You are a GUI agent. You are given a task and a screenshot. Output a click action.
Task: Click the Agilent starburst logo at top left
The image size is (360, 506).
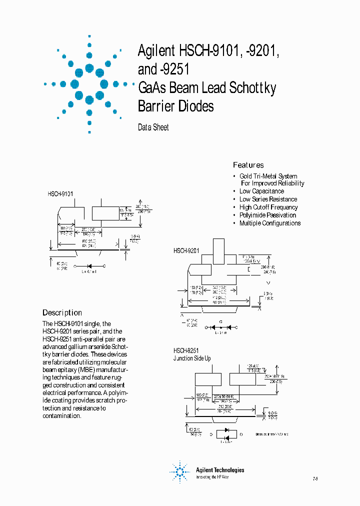click(89, 84)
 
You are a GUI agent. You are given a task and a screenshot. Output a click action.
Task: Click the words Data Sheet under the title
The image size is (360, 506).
click(153, 127)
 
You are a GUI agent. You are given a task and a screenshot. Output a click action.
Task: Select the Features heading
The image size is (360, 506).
click(248, 165)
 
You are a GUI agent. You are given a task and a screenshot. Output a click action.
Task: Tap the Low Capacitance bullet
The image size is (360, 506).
click(261, 191)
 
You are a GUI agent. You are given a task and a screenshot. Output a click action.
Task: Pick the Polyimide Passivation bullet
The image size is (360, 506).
click(267, 215)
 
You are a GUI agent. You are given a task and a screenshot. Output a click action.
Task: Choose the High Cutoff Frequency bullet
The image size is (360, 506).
click(268, 207)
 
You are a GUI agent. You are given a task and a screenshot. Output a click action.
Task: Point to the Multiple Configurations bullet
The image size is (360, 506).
click(269, 223)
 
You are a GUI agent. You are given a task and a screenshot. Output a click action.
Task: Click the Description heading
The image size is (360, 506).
click(62, 312)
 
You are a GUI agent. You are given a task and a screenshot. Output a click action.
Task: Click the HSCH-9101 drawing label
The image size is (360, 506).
click(60, 193)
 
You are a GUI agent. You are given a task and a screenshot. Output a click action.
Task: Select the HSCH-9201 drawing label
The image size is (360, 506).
click(186, 250)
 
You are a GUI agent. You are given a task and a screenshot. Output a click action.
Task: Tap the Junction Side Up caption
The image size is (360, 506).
click(192, 358)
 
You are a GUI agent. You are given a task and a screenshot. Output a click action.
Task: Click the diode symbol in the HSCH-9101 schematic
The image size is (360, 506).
click(90, 265)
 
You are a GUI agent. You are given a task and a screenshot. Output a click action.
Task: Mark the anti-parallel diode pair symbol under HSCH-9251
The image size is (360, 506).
click(226, 433)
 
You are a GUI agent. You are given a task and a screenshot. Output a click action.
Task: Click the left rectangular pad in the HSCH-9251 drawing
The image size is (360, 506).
click(207, 379)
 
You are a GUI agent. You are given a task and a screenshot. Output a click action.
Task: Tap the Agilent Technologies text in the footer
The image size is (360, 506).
click(220, 470)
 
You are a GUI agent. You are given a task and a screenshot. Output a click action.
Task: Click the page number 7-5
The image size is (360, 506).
click(315, 479)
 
